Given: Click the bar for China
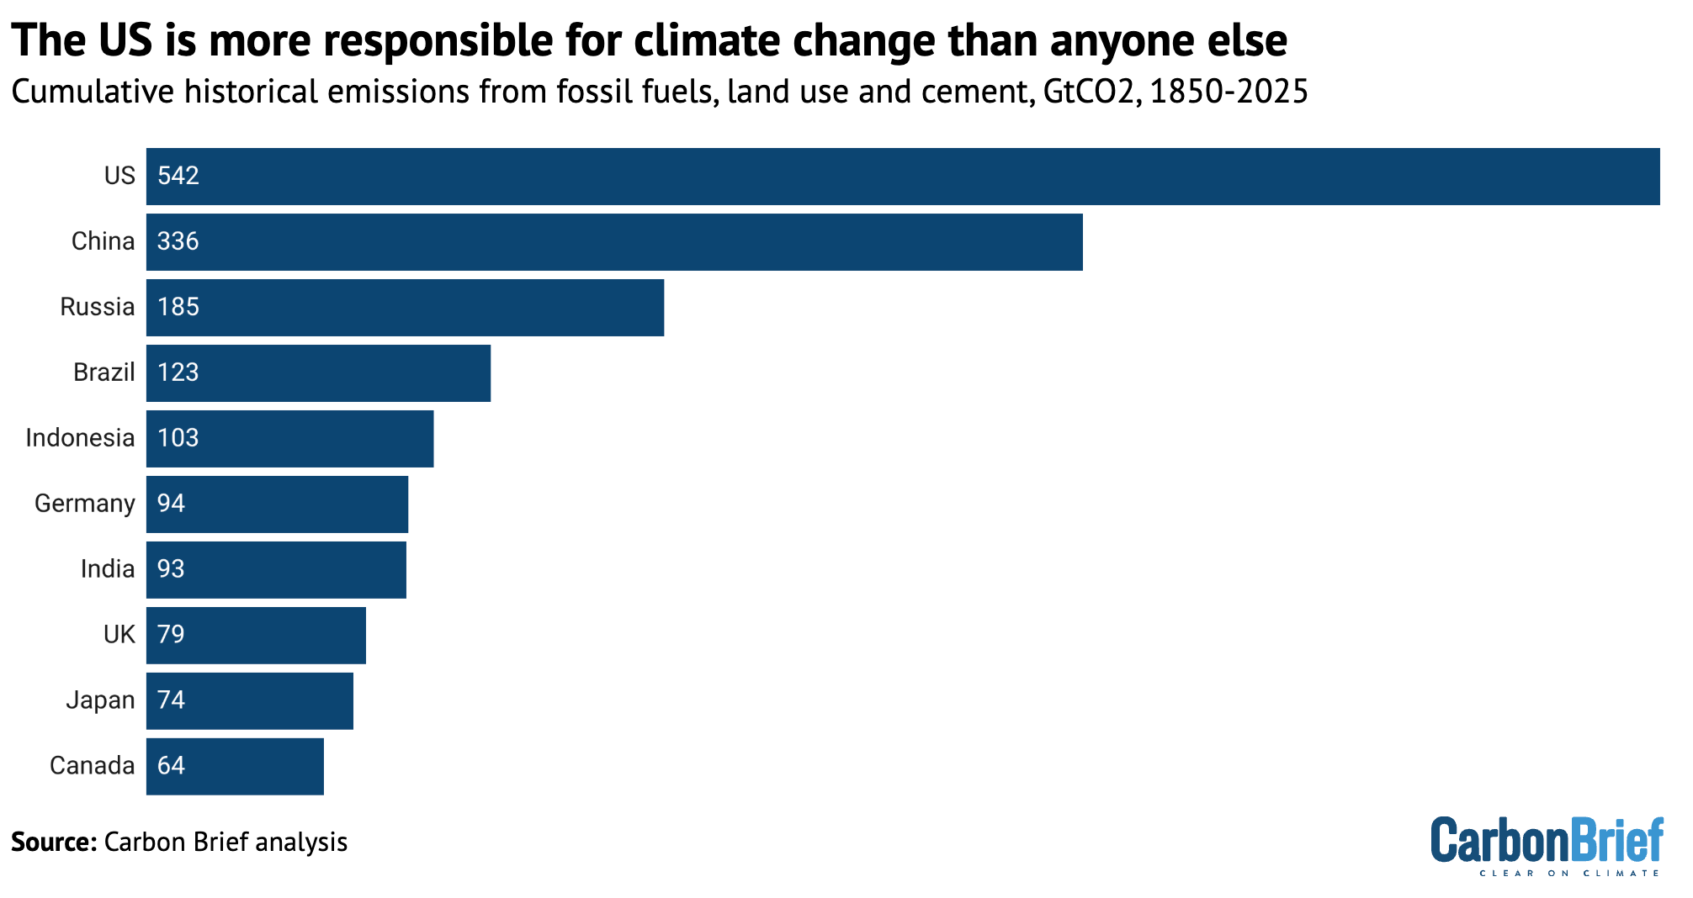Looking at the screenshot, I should pos(614,242).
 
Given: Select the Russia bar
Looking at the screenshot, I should pos(405,308).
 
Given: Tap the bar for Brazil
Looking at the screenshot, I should pos(318,373).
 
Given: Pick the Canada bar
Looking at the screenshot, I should pos(235,767).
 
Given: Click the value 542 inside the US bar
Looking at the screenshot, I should pos(178,176).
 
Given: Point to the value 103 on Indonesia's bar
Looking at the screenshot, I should pos(178,438).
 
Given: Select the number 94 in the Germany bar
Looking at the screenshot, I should pos(171,504).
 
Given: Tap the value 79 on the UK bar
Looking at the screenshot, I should pos(171,635).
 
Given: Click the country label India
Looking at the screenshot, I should pos(107,569).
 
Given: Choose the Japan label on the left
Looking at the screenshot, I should pos(100,700).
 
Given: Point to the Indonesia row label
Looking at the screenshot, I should pos(80,438).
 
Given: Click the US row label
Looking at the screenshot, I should pos(119,176).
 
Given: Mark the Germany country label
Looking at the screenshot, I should pos(84,504).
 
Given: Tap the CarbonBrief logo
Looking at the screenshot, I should pos(1547,844).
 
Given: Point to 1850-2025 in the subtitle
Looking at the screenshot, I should pos(1229,92).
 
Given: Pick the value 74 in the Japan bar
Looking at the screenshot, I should pos(171,700).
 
